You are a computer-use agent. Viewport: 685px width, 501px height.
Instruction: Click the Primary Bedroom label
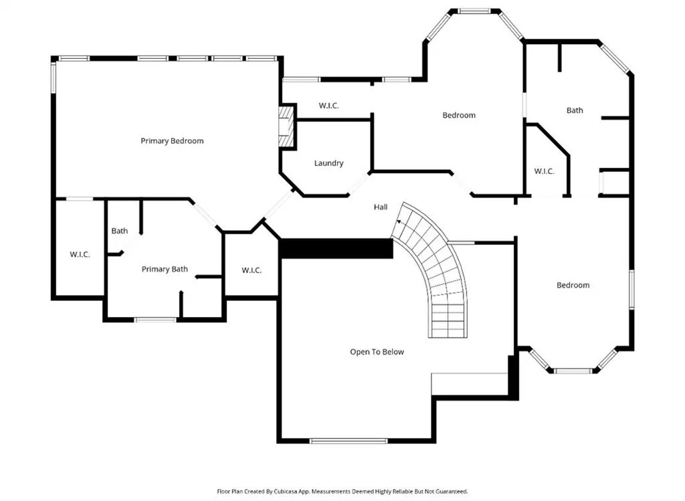click(172, 141)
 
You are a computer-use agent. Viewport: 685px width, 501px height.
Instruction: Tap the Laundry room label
click(328, 163)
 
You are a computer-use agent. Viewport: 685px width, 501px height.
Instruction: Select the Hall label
click(381, 207)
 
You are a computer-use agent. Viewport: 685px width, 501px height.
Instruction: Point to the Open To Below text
click(377, 352)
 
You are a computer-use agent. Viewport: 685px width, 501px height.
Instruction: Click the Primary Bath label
click(165, 269)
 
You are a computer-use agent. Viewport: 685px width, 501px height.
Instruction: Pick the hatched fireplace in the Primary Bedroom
click(286, 127)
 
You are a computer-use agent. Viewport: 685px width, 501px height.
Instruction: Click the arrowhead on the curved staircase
click(399, 222)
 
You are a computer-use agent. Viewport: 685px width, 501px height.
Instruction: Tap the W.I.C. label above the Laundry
click(328, 106)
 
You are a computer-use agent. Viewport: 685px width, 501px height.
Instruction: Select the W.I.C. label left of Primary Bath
click(80, 254)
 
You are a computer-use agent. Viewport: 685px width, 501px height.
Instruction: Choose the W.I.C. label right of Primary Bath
click(252, 270)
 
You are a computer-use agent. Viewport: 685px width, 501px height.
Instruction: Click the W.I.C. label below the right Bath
click(544, 171)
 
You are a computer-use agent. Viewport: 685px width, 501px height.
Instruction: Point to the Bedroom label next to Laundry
click(459, 115)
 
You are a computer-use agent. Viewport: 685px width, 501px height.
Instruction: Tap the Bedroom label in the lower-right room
click(573, 285)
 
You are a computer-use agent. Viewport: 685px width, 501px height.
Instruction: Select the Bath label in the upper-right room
click(575, 110)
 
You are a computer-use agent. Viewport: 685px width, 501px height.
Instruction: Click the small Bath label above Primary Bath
click(119, 231)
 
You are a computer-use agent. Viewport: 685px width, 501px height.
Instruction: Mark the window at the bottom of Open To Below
click(348, 441)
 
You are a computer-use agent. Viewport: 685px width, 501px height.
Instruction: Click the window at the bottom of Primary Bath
click(155, 320)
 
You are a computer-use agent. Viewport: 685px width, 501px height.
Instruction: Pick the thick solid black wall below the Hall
click(336, 249)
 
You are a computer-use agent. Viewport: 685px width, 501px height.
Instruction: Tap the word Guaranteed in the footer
click(453, 492)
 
